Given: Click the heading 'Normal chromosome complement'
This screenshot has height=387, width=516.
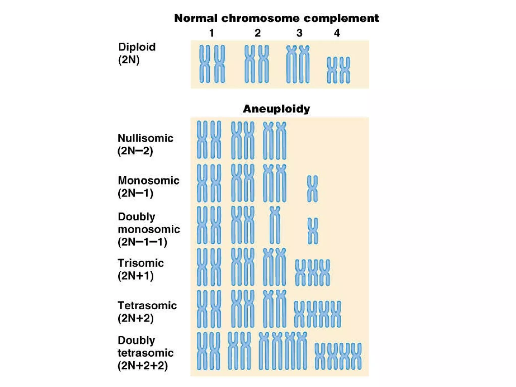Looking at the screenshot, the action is tap(276, 18).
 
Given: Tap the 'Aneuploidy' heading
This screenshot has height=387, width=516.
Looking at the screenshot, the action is tap(276, 109).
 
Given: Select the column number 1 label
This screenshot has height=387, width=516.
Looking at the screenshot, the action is tap(212, 33).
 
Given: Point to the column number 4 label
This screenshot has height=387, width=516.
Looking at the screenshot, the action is tap(337, 33).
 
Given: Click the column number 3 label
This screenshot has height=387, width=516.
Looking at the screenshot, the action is tap(299, 33).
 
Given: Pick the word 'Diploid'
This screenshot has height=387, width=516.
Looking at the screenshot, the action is tap(137, 47).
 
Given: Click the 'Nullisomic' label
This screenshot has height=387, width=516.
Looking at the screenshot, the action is tap(145, 138).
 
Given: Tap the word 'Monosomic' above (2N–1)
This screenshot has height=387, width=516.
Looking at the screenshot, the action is tap(148, 180).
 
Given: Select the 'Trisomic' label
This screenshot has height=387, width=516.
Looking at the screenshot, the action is tap(141, 263).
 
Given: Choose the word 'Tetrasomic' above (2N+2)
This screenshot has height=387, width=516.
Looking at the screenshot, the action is tap(147, 305).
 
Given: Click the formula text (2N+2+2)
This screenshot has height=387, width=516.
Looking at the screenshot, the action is tap(143, 365).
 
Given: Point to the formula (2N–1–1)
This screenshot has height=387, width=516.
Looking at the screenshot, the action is tap(142, 242).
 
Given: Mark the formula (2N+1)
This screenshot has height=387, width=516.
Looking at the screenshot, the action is tap(136, 276).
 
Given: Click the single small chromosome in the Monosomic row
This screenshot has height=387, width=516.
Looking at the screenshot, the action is tap(312, 189).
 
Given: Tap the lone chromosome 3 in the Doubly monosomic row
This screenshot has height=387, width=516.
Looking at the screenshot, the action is tap(275, 225).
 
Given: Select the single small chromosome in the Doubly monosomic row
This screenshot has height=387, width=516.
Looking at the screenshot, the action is tap(313, 231).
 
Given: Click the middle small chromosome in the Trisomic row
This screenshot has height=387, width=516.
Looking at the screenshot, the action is tap(312, 273).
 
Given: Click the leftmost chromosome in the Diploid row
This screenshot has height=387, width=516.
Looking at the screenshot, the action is tap(204, 64).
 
